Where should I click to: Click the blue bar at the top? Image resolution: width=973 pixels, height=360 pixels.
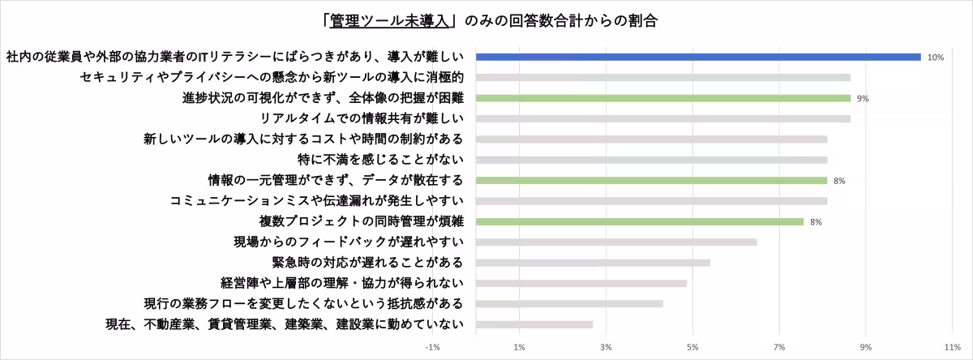(x=697, y=57)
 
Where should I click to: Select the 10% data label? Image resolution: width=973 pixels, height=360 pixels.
(x=936, y=58)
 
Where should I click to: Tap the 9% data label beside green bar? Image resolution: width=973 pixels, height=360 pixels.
(x=863, y=99)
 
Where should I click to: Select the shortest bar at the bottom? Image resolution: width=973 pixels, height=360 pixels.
(x=534, y=324)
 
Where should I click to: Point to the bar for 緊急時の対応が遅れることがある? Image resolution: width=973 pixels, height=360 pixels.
(x=593, y=263)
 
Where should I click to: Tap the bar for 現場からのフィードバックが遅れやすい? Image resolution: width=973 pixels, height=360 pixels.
(x=616, y=242)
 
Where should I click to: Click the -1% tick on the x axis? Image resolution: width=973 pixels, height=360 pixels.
(x=432, y=347)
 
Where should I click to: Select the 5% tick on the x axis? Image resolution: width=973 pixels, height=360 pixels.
(x=692, y=347)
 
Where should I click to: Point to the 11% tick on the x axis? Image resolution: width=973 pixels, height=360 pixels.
(x=952, y=347)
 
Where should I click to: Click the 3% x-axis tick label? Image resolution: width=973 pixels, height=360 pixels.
(x=606, y=347)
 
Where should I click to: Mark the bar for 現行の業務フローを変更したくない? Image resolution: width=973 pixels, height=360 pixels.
(x=569, y=304)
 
